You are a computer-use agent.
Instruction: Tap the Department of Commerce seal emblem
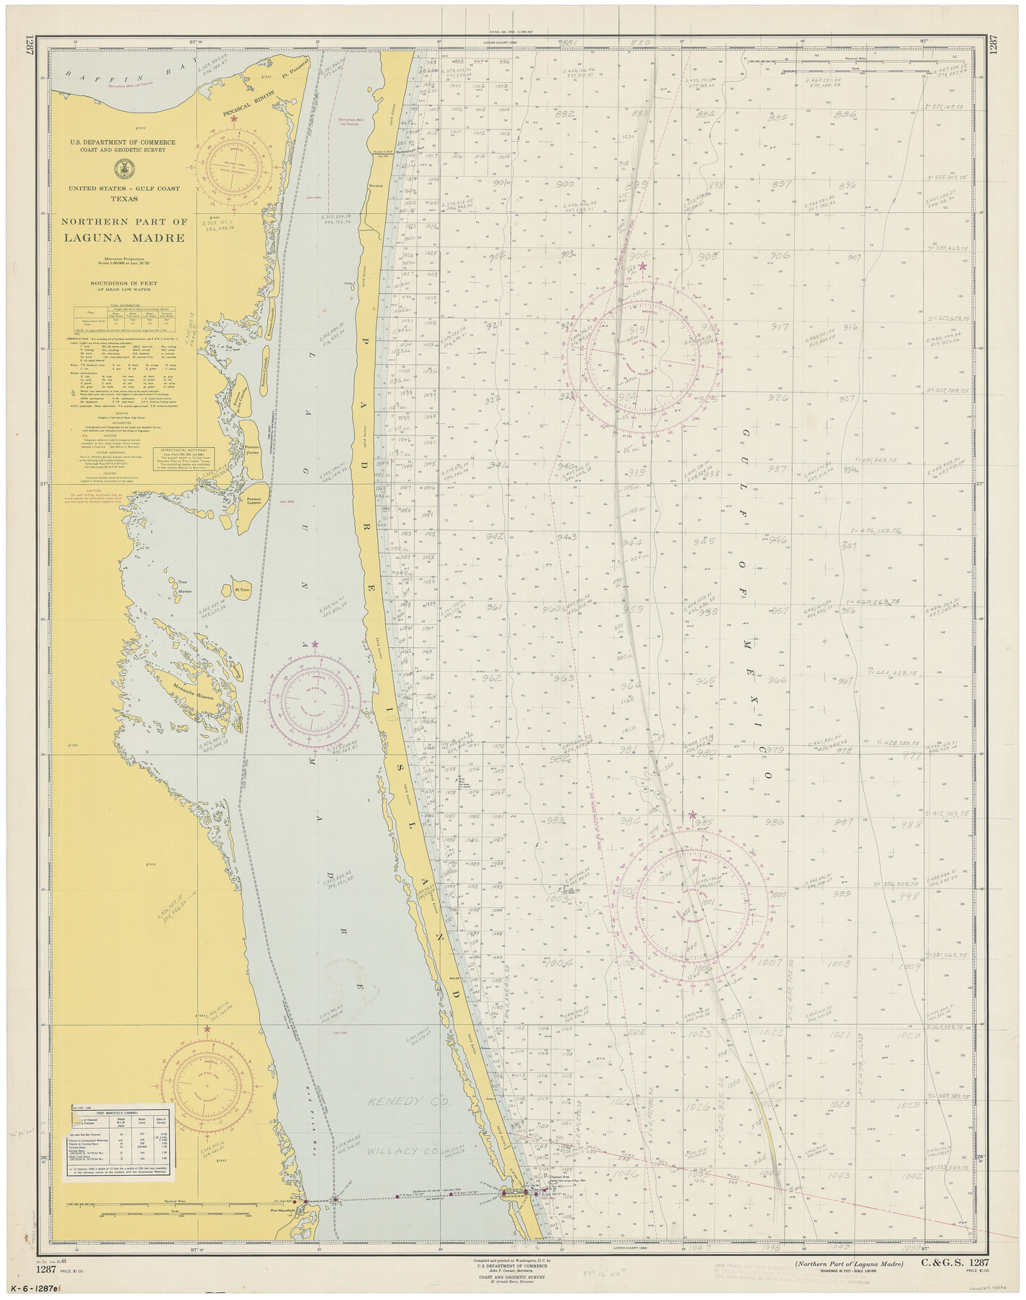[124, 169]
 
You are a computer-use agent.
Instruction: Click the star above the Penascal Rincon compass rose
[233, 118]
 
